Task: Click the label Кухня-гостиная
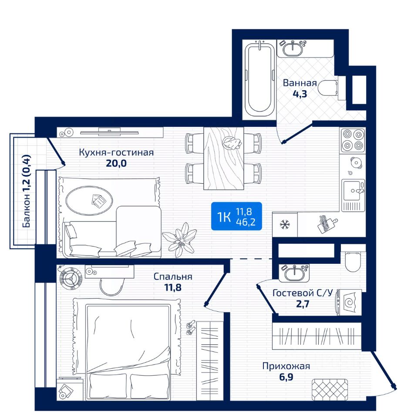pos(117,152)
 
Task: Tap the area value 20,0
pos(116,163)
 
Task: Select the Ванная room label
pos(300,83)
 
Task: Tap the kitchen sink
pos(354,191)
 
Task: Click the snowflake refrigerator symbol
pos(285,225)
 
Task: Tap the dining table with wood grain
pos(224,158)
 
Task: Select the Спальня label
pos(173,277)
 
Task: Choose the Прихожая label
pos(286,366)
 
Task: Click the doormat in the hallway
pos(330,389)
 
